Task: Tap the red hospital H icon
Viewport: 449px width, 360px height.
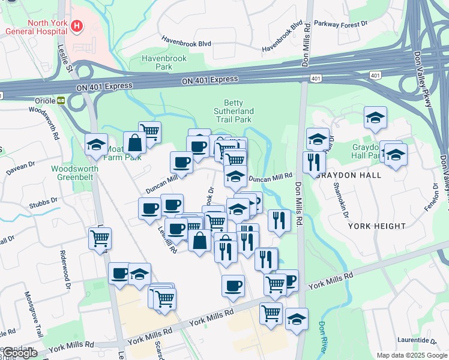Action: (x=77, y=26)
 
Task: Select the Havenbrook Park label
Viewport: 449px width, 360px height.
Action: (x=156, y=62)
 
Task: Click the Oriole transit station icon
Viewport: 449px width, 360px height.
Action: (x=61, y=101)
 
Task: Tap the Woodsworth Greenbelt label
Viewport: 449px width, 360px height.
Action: (x=74, y=173)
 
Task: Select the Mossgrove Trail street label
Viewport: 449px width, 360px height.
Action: (x=34, y=315)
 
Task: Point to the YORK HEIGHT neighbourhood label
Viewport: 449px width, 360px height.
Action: (x=372, y=226)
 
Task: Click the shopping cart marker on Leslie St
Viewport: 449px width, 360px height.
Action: (x=100, y=238)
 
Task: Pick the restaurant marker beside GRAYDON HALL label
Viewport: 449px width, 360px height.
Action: (x=314, y=162)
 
